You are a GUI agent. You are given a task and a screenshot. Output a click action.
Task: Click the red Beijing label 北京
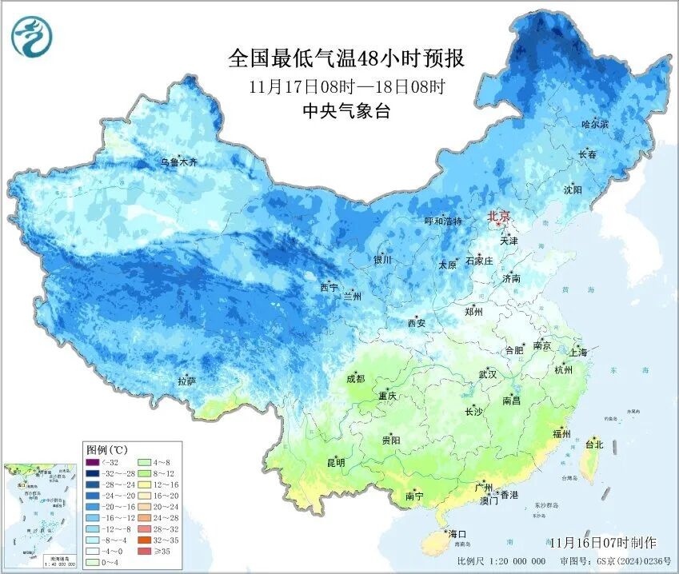click(x=499, y=217)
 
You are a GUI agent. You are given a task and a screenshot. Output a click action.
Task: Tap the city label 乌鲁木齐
click(x=178, y=162)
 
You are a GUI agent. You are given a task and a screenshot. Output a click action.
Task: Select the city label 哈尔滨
click(x=594, y=125)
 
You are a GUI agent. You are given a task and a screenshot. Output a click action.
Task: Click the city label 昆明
click(x=335, y=462)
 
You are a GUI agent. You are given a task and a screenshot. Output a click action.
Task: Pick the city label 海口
click(x=457, y=533)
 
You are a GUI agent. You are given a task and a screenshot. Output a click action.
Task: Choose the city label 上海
click(x=578, y=353)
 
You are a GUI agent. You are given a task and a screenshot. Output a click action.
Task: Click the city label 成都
click(x=355, y=379)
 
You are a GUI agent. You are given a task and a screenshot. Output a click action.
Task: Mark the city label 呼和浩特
click(x=443, y=221)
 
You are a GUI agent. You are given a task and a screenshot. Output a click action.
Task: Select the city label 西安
click(x=416, y=323)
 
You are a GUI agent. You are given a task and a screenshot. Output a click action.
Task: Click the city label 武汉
click(x=487, y=374)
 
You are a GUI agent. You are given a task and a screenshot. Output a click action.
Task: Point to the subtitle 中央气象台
click(x=346, y=112)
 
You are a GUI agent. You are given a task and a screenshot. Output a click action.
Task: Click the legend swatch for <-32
click(x=93, y=462)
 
